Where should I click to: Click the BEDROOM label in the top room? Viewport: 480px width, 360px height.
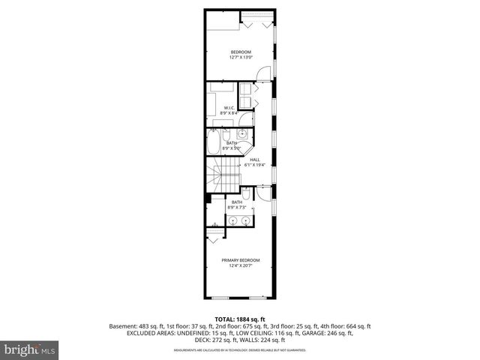pos(240,51)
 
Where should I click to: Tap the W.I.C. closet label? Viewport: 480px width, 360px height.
pos(229,107)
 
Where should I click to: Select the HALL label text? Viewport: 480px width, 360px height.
pos(255,160)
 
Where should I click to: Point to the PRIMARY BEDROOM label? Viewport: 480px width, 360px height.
pos(240,259)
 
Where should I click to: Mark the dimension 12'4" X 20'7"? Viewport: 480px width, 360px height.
pos(240,265)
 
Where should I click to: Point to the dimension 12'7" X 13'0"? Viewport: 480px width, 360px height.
pos(240,56)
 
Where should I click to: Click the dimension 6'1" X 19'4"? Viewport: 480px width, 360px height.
pos(255,165)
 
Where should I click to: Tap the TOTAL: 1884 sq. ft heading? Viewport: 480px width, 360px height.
pos(240,319)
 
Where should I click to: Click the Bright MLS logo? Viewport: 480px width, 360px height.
pos(30,349)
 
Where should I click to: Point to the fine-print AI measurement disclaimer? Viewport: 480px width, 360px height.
pos(240,350)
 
